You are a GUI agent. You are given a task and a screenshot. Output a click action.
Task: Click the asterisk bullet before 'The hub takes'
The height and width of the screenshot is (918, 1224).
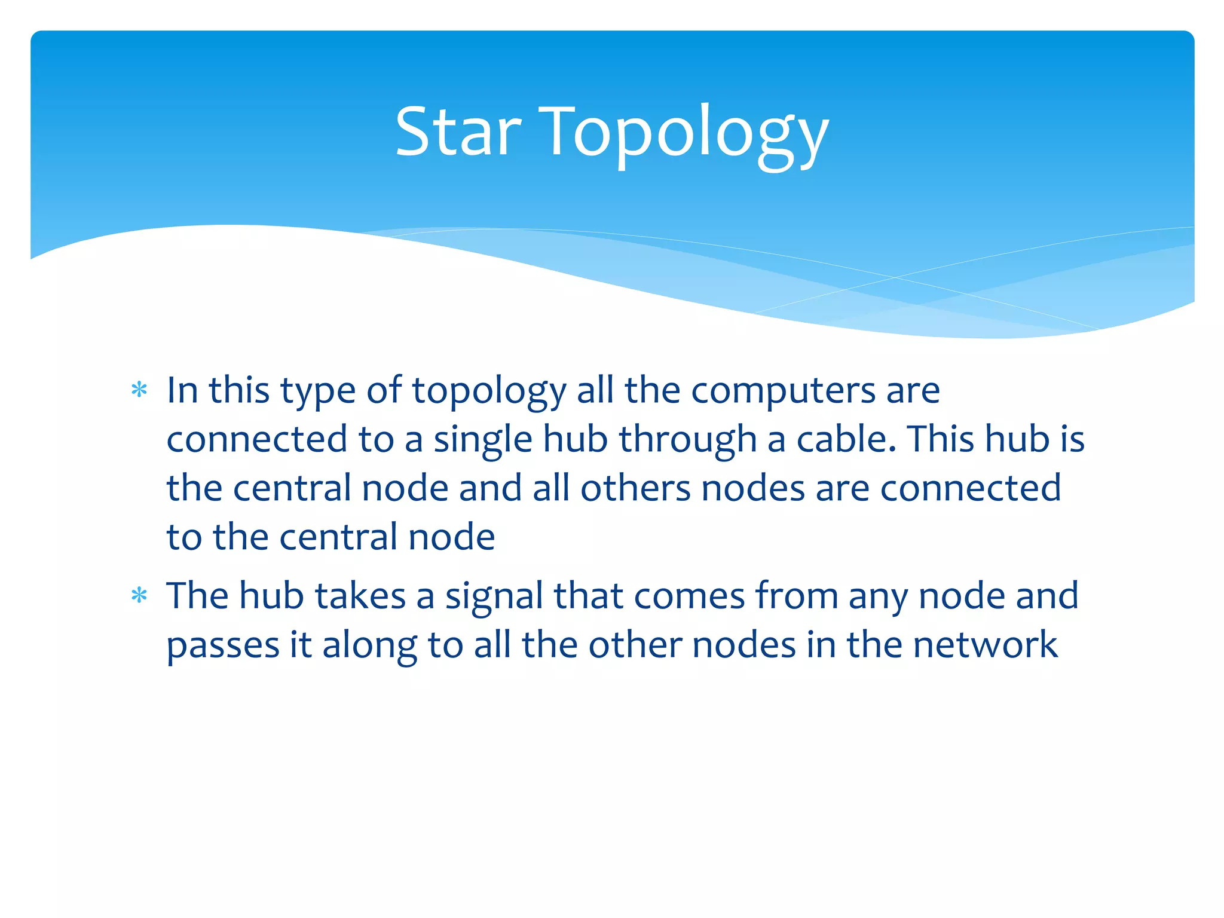click(x=139, y=596)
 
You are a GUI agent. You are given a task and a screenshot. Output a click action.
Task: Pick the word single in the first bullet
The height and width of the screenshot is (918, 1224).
click(x=482, y=440)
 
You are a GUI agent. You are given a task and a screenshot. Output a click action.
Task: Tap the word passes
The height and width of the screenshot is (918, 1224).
click(x=223, y=646)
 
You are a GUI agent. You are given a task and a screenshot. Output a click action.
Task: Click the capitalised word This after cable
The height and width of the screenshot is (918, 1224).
click(x=941, y=439)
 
